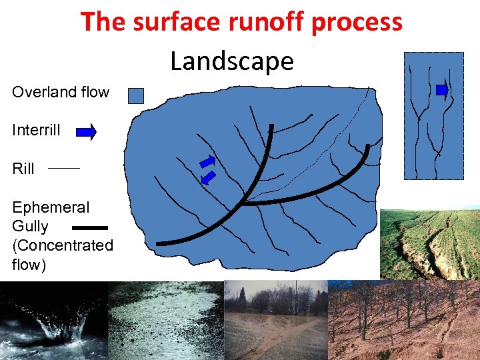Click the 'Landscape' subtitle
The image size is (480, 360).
[x=232, y=61]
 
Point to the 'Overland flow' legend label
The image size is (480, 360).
[x=61, y=93]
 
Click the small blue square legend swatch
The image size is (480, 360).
[x=135, y=95]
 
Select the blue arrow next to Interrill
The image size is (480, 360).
[x=87, y=132]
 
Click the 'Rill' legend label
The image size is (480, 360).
[x=23, y=169]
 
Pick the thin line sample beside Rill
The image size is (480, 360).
[x=64, y=169]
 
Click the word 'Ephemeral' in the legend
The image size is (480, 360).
[x=51, y=208]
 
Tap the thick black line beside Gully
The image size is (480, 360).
[x=89, y=227]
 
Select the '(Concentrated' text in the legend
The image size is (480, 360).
[x=63, y=245]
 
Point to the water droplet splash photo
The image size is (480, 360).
[x=53, y=320]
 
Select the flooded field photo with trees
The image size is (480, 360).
[x=277, y=320]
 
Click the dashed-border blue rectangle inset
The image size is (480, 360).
[x=434, y=115]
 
